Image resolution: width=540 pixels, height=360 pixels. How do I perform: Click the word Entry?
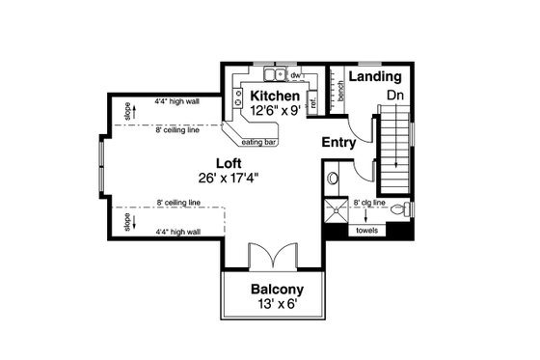pos(338,143)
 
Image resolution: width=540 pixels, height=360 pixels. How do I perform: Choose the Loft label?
pos(229,164)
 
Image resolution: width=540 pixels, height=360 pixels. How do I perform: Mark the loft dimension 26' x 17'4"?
pos(230,179)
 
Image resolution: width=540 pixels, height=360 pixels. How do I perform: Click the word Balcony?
pos(277,290)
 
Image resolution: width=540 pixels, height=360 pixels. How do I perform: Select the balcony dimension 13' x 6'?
pos(277,305)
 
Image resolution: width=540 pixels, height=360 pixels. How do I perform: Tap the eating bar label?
pos(259,142)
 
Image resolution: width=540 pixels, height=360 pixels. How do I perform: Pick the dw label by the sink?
pos(296,74)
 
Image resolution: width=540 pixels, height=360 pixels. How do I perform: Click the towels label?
pos(367,231)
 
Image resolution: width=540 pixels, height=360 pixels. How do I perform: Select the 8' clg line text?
pos(369,203)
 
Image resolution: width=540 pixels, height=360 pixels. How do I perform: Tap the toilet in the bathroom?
pos(405,208)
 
